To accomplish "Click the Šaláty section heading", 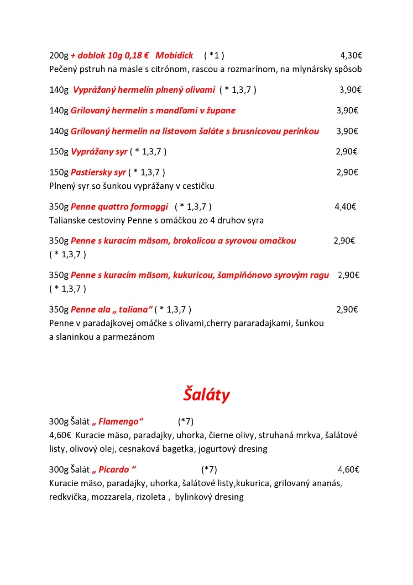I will (x=206, y=395).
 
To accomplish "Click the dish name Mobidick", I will (x=174, y=56).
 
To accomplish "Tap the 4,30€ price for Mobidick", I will (x=351, y=56).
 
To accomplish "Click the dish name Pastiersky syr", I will (x=98, y=172).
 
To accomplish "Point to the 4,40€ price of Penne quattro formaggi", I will (x=345, y=207).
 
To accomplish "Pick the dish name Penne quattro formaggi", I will (x=120, y=207).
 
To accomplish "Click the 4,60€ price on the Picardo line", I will (x=349, y=469).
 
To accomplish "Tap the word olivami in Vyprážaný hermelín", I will (x=199, y=90).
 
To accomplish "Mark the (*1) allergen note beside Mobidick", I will (x=214, y=56).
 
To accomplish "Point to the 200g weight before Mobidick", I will (x=58, y=56).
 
